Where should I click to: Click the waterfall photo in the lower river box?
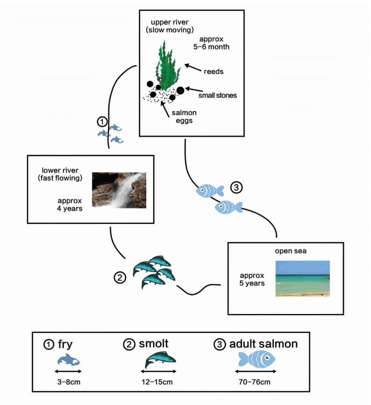[119, 190]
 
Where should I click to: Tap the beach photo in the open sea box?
[302, 278]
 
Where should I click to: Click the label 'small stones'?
[217, 96]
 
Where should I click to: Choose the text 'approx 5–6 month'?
[211, 43]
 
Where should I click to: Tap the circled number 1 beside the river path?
[103, 121]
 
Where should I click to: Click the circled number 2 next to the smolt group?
[119, 278]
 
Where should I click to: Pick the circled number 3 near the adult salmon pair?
[236, 188]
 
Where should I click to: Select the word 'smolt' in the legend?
[154, 344]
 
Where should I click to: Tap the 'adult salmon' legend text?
[264, 344]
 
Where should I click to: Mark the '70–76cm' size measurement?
[257, 382]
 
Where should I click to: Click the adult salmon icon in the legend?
[257, 359]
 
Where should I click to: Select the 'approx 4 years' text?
[70, 205]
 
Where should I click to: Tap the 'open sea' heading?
[291, 251]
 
